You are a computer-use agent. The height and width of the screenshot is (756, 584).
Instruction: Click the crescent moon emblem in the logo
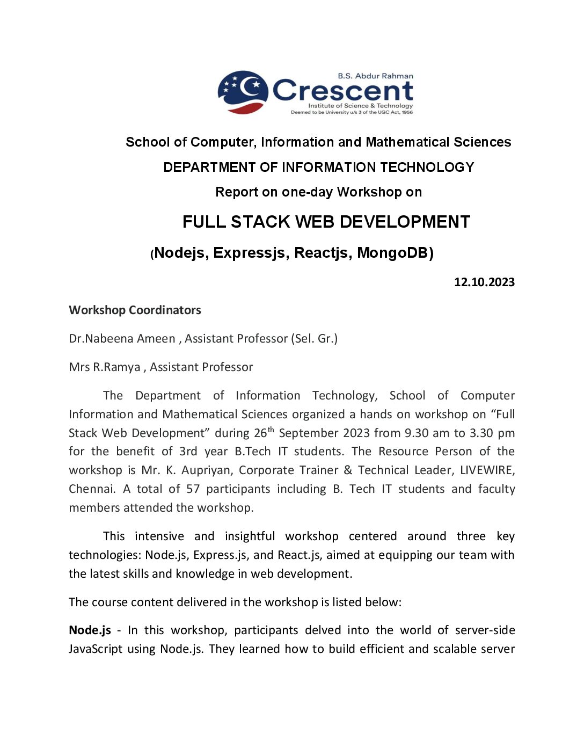243,92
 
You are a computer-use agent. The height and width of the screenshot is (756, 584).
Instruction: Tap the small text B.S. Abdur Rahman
375,76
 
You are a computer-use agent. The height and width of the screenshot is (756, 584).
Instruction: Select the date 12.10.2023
484,282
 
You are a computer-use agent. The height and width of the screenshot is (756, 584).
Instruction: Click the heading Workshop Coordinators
135,310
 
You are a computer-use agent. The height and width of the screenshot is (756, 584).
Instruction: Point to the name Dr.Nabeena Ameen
122,339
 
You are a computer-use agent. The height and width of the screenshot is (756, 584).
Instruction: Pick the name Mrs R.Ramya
105,367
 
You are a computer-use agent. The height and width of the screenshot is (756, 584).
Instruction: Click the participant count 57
193,489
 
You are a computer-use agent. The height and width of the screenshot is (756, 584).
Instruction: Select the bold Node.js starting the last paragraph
90,630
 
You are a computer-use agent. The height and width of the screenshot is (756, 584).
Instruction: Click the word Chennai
91,489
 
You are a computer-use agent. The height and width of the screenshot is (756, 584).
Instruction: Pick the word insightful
250,536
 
